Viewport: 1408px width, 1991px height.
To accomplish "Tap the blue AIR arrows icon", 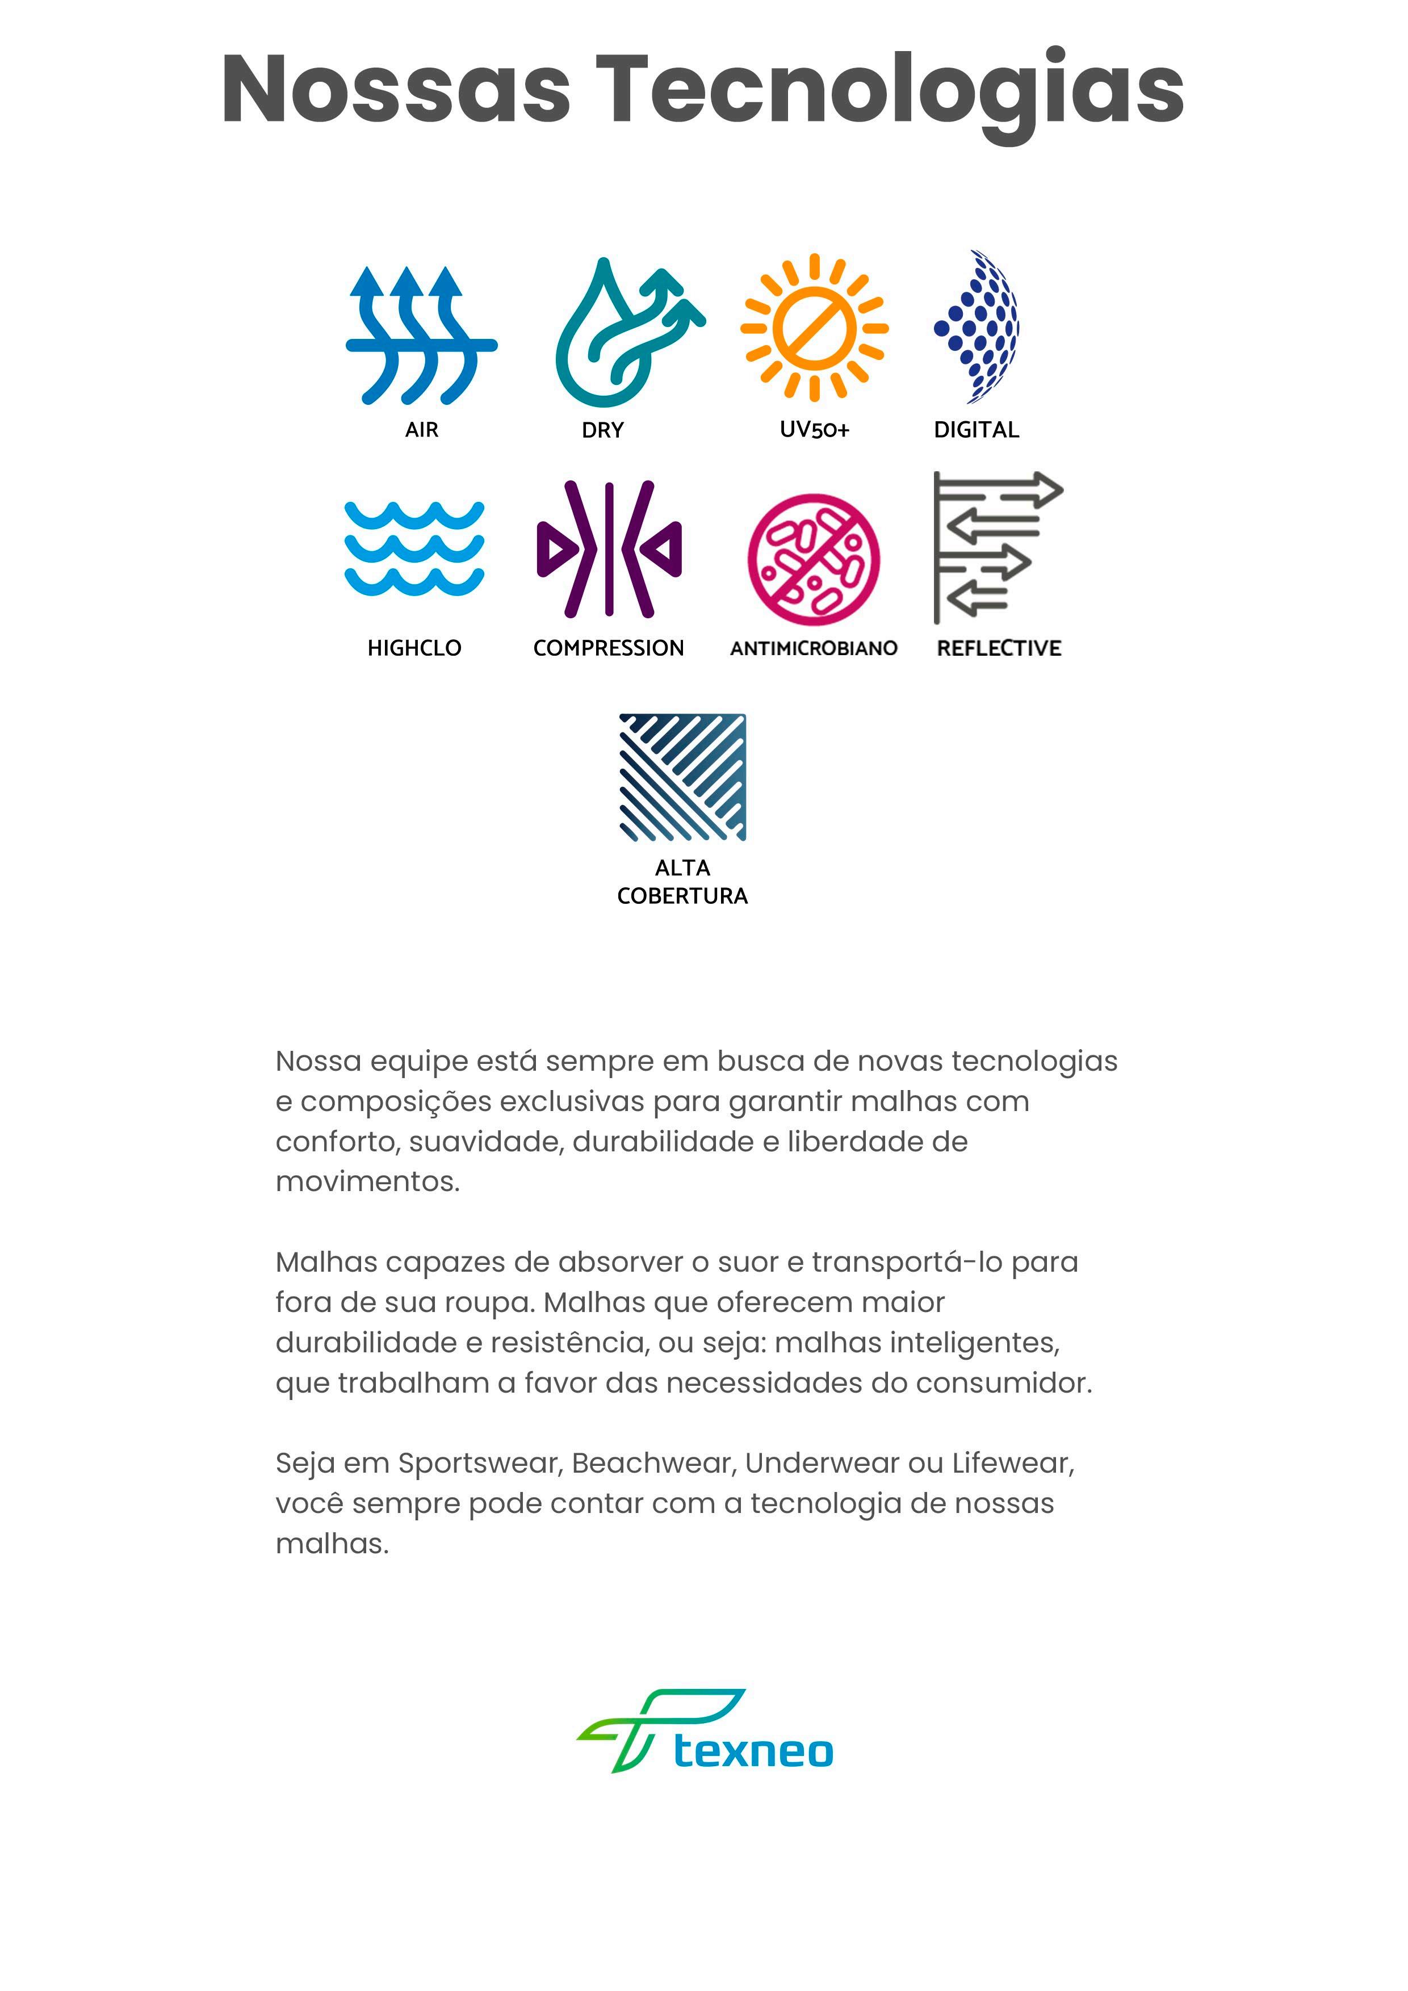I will (421, 335).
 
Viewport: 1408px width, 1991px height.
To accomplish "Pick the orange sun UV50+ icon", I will (814, 328).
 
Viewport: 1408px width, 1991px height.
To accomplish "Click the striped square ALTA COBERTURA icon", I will (682, 777).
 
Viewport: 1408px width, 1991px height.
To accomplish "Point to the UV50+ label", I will (814, 429).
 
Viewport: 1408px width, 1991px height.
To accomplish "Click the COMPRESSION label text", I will (609, 648).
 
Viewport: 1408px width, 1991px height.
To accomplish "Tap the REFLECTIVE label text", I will (999, 648).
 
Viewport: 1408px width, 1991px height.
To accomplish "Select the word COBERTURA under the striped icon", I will (682, 896).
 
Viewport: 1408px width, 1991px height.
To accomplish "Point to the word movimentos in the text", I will (367, 1181).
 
